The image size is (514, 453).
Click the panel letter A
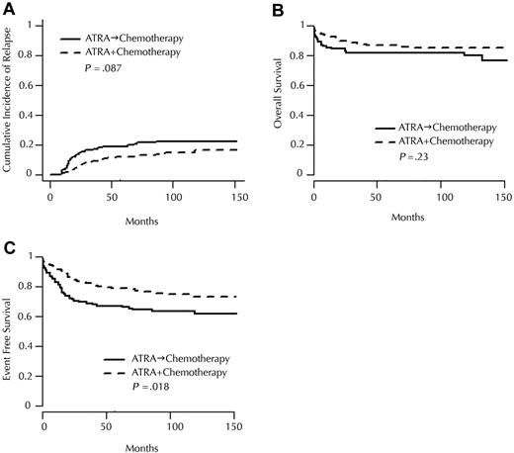click(x=7, y=8)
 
